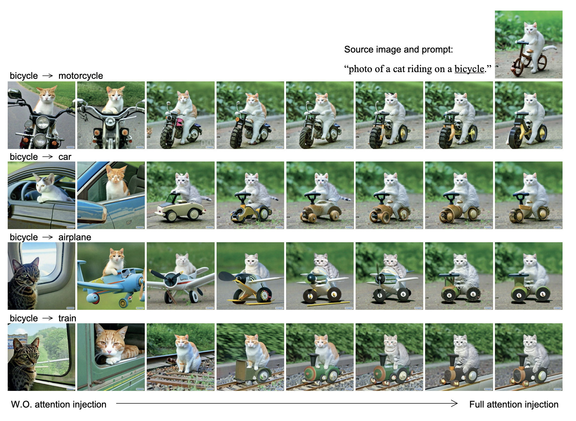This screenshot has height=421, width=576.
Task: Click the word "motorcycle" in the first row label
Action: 80,76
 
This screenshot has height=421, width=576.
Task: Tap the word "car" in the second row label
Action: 65,157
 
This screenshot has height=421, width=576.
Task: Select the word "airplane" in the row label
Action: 75,237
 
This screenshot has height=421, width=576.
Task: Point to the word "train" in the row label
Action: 67,318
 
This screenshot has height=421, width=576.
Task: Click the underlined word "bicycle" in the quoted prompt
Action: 469,69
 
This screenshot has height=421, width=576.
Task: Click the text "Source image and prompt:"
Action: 399,49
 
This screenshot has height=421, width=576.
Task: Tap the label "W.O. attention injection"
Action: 59,404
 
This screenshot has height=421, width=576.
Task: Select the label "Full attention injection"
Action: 514,404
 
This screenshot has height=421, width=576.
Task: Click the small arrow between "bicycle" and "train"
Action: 48,318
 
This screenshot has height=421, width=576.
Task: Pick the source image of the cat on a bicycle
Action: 529,45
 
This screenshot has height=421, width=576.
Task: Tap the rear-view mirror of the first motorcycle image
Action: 15,94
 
